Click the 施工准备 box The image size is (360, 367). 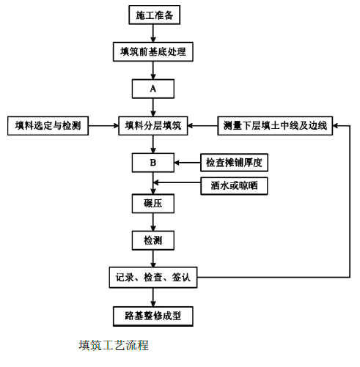(155, 15)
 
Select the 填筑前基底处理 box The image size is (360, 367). (153, 51)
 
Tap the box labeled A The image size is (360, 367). (153, 89)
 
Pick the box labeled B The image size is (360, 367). (153, 163)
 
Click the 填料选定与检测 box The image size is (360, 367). (48, 126)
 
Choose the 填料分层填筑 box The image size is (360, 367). (153, 126)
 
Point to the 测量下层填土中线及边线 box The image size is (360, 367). (275, 126)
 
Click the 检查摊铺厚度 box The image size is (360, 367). (234, 163)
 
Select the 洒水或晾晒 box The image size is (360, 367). (234, 186)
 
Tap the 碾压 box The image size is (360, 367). (153, 204)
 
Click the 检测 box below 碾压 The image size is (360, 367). (153, 240)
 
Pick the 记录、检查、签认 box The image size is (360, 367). (153, 278)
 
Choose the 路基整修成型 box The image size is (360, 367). (153, 316)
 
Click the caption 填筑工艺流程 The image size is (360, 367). (114, 345)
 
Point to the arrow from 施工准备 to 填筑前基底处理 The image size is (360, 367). (153, 33)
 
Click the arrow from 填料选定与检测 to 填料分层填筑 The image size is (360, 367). (103, 126)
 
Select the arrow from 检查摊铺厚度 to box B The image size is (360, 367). (188, 163)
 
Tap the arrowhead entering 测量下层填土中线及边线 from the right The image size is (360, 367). (335, 126)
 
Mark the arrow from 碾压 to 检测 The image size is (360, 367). (153, 222)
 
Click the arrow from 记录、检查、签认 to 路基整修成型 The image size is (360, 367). (153, 297)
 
